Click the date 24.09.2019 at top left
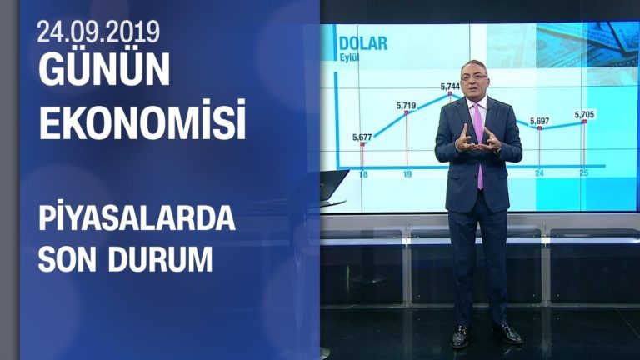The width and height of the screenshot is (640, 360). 98,32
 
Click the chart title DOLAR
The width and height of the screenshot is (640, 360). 362,43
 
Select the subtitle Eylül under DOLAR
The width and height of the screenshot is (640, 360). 349,58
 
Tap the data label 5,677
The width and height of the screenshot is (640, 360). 362,137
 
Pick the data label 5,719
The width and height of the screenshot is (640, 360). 406,106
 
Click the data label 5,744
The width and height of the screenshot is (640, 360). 450,87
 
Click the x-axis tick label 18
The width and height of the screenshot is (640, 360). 363,174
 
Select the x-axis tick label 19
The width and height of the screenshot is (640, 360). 407,174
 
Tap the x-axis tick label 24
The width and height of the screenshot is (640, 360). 540,173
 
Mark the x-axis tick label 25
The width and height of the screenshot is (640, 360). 585,173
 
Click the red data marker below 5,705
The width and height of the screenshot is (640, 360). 585,122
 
